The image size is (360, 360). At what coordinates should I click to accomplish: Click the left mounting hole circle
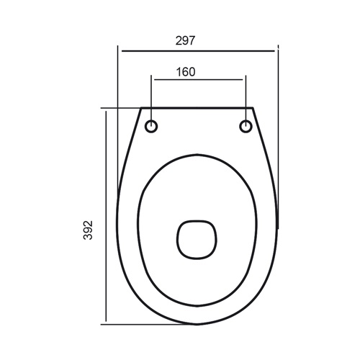pos(152,127)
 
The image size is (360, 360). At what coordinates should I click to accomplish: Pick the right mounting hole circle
pos(246,127)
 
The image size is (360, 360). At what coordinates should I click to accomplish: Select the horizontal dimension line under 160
pos(199,81)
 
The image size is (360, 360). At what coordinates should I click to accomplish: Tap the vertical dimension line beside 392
pos(107,216)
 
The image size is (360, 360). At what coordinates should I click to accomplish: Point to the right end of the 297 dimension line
pos(276,51)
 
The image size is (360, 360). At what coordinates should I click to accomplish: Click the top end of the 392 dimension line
pos(107,109)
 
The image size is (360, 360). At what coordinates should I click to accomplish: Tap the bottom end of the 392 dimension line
pos(107,322)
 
